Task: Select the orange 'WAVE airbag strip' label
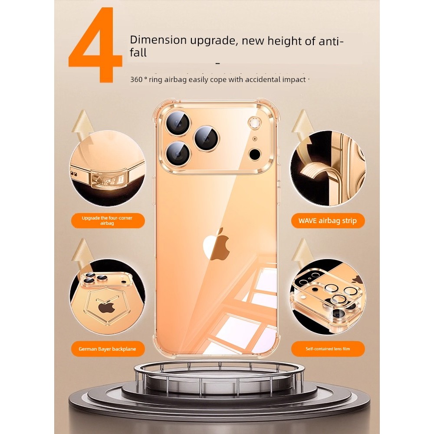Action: point(328,220)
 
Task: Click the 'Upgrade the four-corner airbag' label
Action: point(107,220)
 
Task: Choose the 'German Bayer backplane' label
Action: point(107,349)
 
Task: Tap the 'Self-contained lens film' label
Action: point(328,349)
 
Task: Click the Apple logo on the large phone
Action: point(217,244)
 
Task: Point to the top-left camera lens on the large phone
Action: point(179,123)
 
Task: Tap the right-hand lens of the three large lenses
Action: point(206,138)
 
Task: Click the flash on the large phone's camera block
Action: point(253,123)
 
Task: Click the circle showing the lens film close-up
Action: point(328,297)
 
